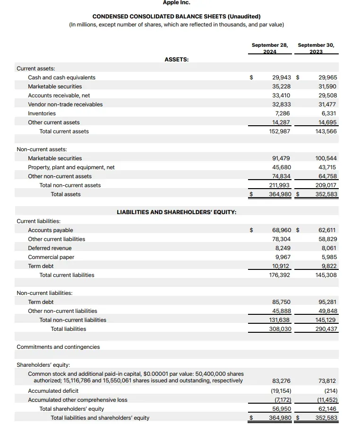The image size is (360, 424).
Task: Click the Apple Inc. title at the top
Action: (176, 3)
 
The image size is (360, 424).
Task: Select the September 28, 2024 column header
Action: (269, 48)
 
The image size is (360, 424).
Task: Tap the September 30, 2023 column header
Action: (316, 48)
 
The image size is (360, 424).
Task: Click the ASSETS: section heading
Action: (177, 60)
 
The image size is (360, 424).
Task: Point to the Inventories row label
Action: (42, 113)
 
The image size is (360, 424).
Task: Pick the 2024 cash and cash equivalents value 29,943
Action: (282, 78)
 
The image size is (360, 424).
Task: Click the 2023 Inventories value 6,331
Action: (328, 113)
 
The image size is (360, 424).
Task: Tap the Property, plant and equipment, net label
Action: (71, 167)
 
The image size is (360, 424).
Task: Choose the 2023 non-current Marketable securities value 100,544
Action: (326, 158)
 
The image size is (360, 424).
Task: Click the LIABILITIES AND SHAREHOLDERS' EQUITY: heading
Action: (177, 212)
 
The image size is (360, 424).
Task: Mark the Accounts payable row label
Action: (51, 230)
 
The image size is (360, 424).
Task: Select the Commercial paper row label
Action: (51, 257)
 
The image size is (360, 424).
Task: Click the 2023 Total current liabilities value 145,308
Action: (326, 275)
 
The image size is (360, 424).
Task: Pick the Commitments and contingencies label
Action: (58, 347)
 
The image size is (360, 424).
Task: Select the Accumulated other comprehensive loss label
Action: (77, 400)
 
